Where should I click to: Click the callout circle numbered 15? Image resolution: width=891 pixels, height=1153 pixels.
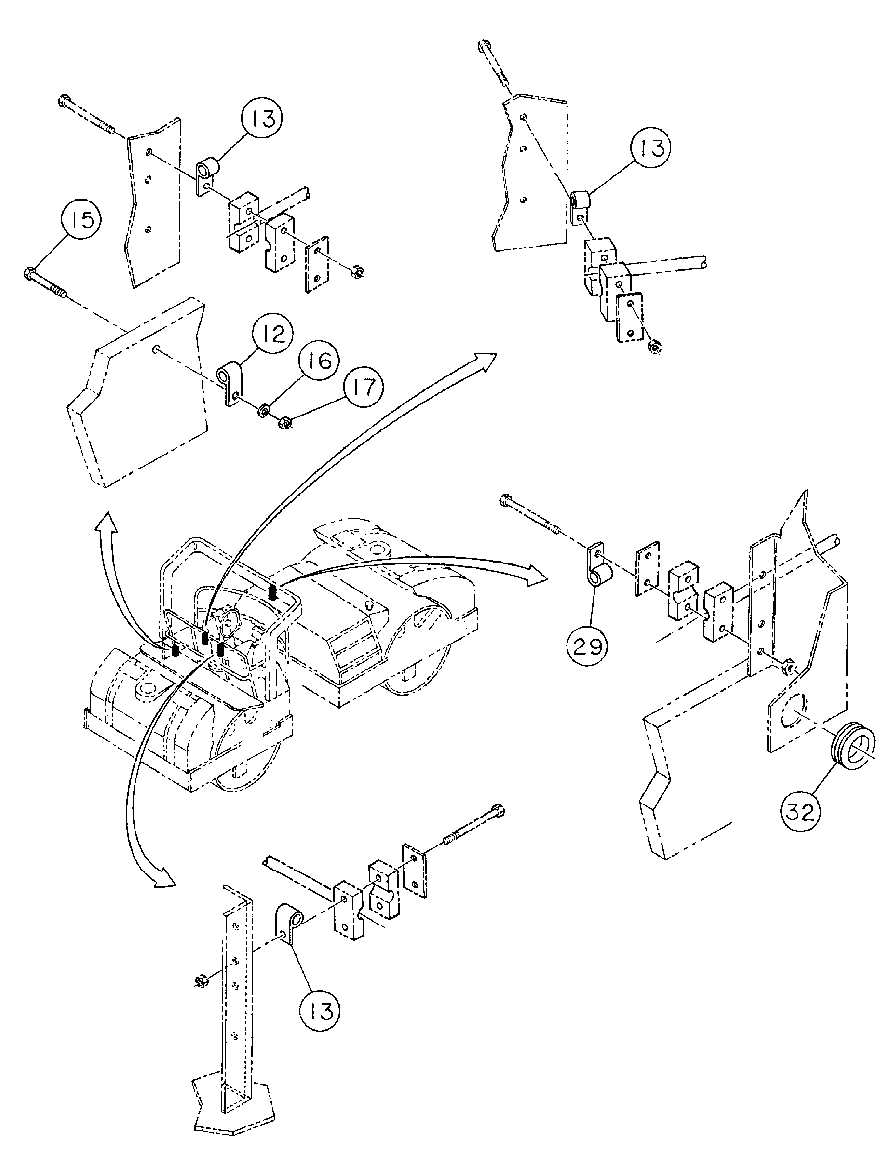click(82, 220)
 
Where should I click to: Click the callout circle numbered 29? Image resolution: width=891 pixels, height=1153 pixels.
click(588, 645)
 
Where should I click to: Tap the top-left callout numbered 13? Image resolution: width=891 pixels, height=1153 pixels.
click(262, 118)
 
